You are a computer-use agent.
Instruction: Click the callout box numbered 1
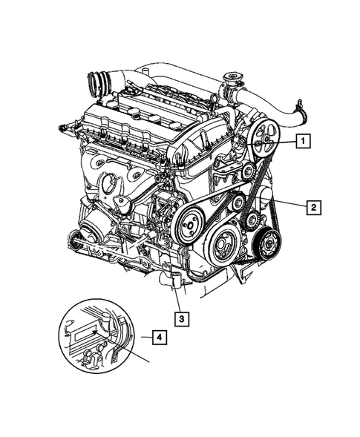pyautogui.click(x=304, y=139)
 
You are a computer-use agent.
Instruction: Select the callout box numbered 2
pyautogui.click(x=314, y=207)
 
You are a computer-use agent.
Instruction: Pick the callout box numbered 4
pyautogui.click(x=157, y=338)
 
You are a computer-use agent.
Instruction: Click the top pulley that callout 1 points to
pyautogui.click(x=264, y=142)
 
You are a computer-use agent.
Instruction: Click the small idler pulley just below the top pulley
pyautogui.click(x=247, y=172)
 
